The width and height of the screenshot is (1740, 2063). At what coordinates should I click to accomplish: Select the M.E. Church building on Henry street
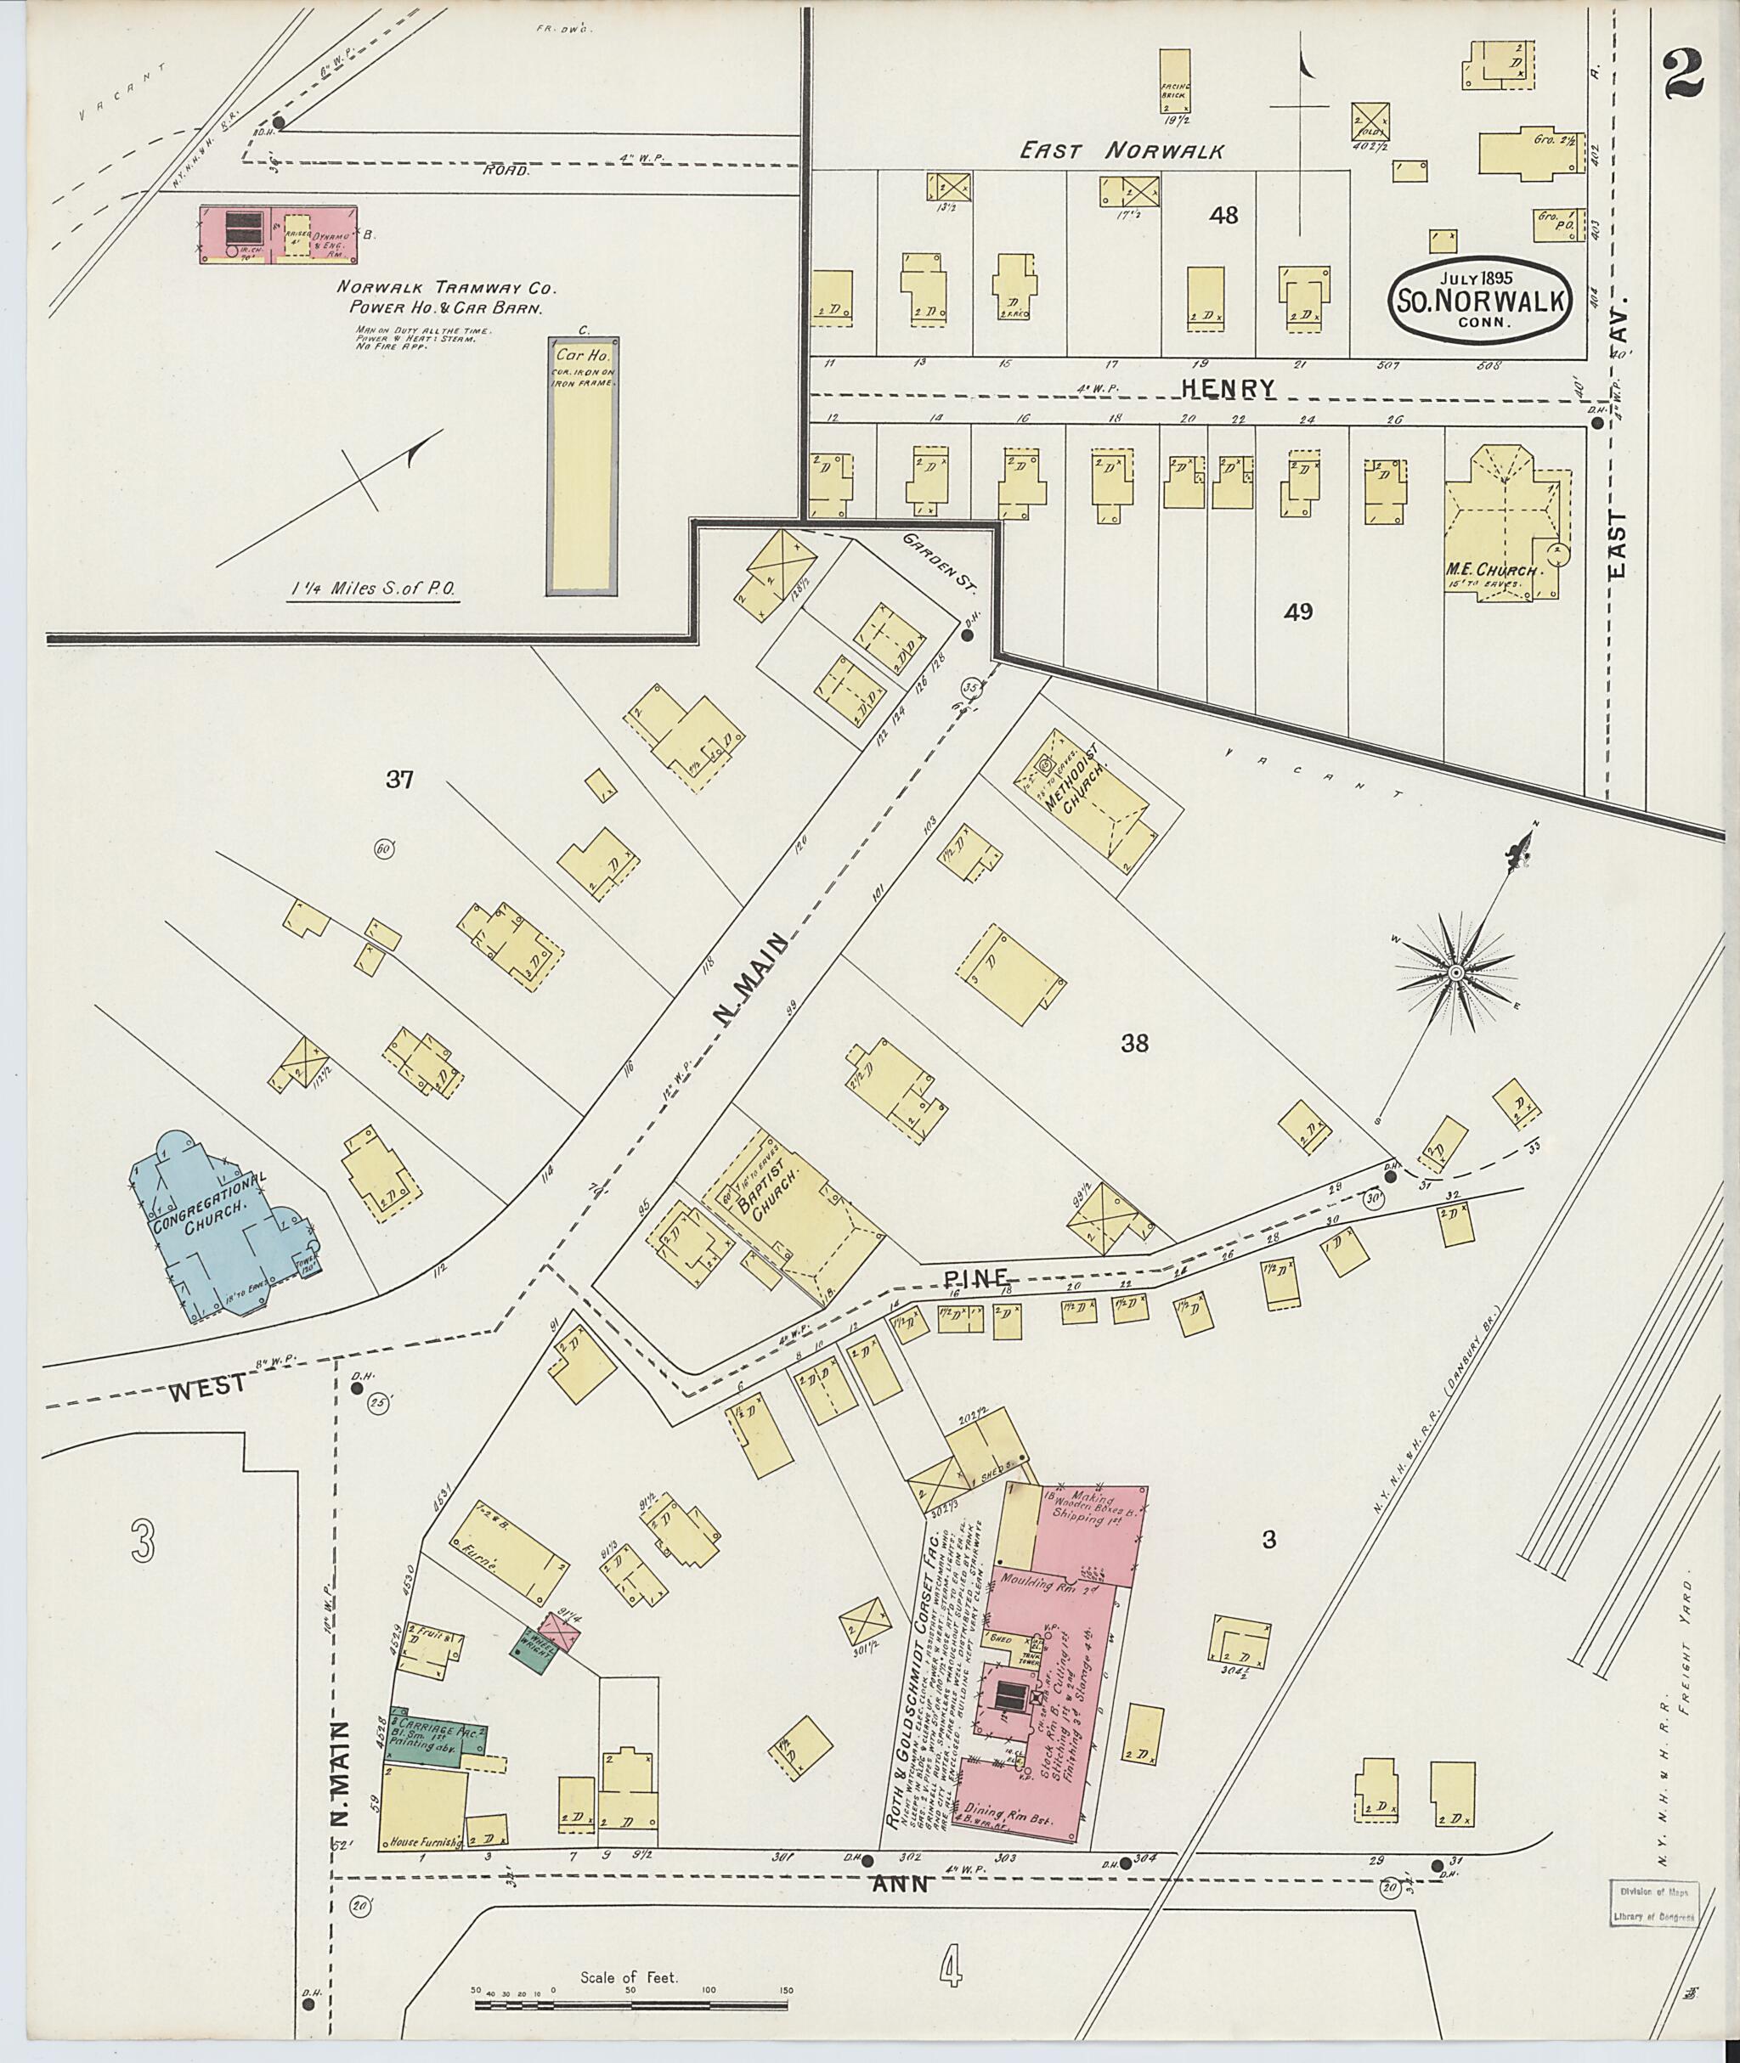(1501, 522)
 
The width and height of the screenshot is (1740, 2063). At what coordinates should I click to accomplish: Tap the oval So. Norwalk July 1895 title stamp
(1478, 299)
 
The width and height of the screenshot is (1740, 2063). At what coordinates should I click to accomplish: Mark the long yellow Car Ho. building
(582, 465)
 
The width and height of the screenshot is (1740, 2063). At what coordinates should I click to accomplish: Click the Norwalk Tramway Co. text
(447, 289)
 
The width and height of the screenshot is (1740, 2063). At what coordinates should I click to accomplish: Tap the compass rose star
(1454, 972)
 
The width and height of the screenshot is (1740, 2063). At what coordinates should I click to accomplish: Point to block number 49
(1298, 612)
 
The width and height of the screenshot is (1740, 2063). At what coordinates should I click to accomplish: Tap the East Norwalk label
(1121, 151)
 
